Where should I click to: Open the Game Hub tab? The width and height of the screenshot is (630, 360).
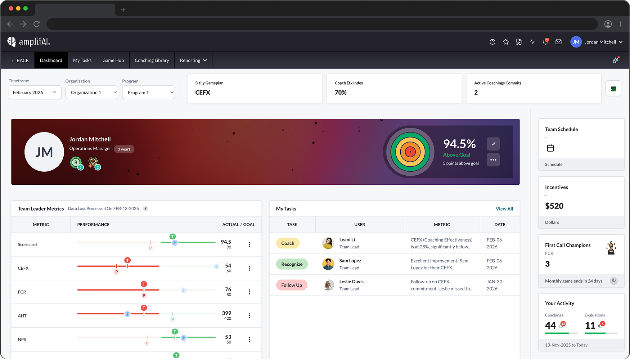tap(113, 60)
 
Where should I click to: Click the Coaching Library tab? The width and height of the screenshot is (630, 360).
tap(152, 60)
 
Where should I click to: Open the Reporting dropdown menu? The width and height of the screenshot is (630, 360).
tap(193, 60)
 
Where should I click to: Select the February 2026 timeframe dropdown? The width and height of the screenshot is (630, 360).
tap(35, 93)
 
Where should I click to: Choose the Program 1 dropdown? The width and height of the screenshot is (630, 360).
tap(148, 93)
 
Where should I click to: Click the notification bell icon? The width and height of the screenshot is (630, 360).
tap(545, 42)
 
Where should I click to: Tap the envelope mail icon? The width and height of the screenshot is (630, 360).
tap(558, 42)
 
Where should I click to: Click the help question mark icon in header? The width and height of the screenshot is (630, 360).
tap(492, 42)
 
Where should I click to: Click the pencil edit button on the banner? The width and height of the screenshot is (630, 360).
tap(493, 144)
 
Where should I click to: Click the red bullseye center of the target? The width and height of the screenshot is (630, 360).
tap(410, 152)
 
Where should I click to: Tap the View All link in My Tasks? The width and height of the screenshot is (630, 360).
tap(504, 209)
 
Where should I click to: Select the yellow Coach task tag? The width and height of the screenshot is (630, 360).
tap(288, 243)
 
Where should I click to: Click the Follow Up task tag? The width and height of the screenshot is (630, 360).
tap(292, 285)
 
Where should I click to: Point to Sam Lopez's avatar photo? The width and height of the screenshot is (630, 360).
tap(328, 264)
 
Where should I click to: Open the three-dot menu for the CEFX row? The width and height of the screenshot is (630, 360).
tap(249, 268)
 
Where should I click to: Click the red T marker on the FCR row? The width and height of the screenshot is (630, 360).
tap(144, 284)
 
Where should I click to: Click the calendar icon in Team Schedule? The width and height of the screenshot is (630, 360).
tap(550, 148)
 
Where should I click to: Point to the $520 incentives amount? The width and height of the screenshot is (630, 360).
tap(554, 206)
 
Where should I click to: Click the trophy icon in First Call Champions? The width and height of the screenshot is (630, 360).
tap(611, 248)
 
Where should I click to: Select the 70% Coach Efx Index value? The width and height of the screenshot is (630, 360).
tap(341, 93)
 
